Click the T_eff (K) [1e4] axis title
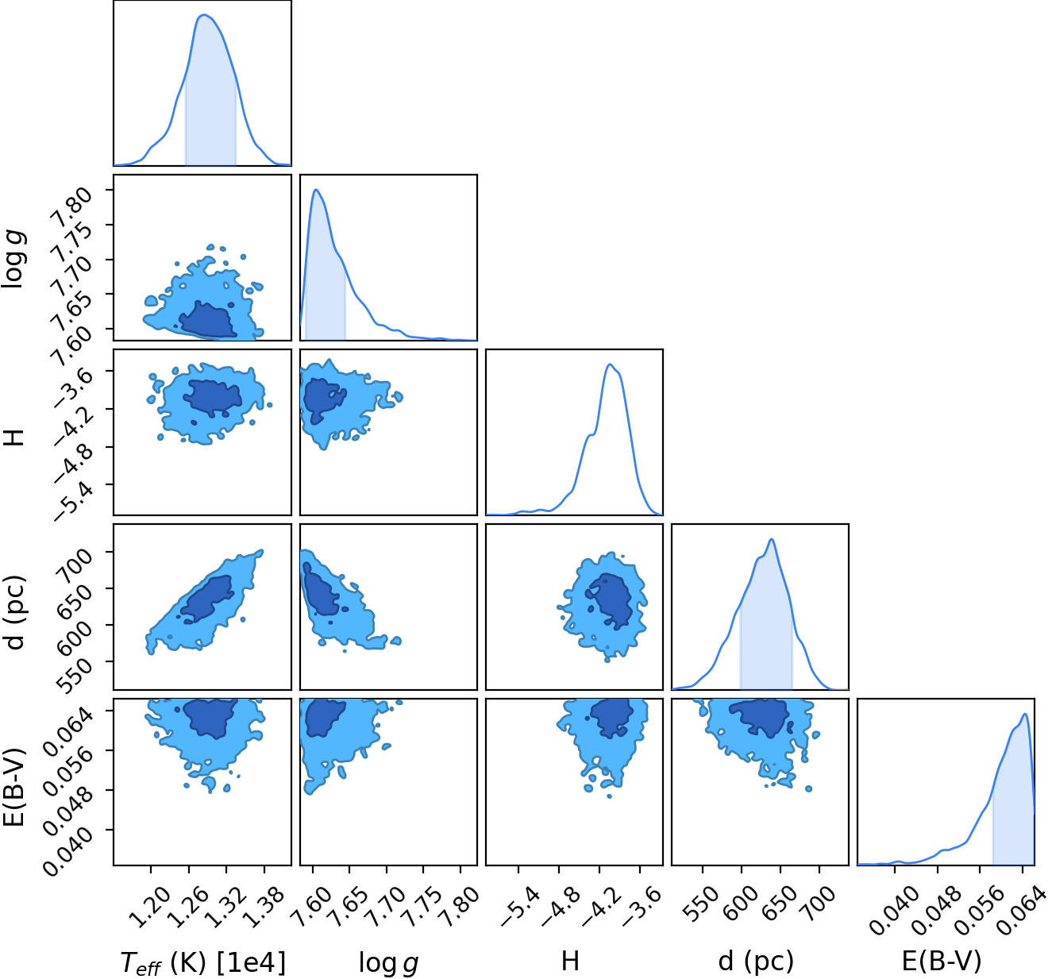(x=203, y=962)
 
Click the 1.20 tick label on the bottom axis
(x=149, y=904)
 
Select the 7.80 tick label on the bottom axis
(x=459, y=904)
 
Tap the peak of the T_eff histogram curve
(x=205, y=14)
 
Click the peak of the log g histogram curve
(x=316, y=190)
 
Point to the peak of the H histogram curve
(x=611, y=364)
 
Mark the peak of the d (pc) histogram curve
(x=772, y=539)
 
